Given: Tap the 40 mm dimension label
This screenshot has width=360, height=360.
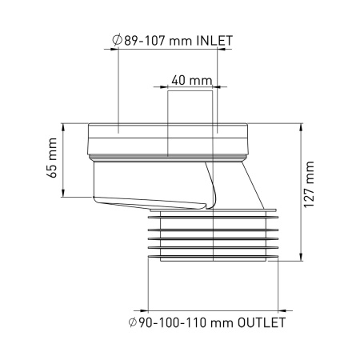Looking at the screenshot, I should [x=191, y=81].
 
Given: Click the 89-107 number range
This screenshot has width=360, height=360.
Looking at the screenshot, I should [x=152, y=40].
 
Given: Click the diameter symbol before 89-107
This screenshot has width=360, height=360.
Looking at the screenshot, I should [x=118, y=40].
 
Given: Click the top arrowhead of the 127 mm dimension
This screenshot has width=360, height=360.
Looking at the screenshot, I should [x=300, y=126].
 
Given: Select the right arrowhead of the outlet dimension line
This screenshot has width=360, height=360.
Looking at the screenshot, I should [x=274, y=310].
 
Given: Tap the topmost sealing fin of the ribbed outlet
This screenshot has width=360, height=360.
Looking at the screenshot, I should [x=213, y=214].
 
